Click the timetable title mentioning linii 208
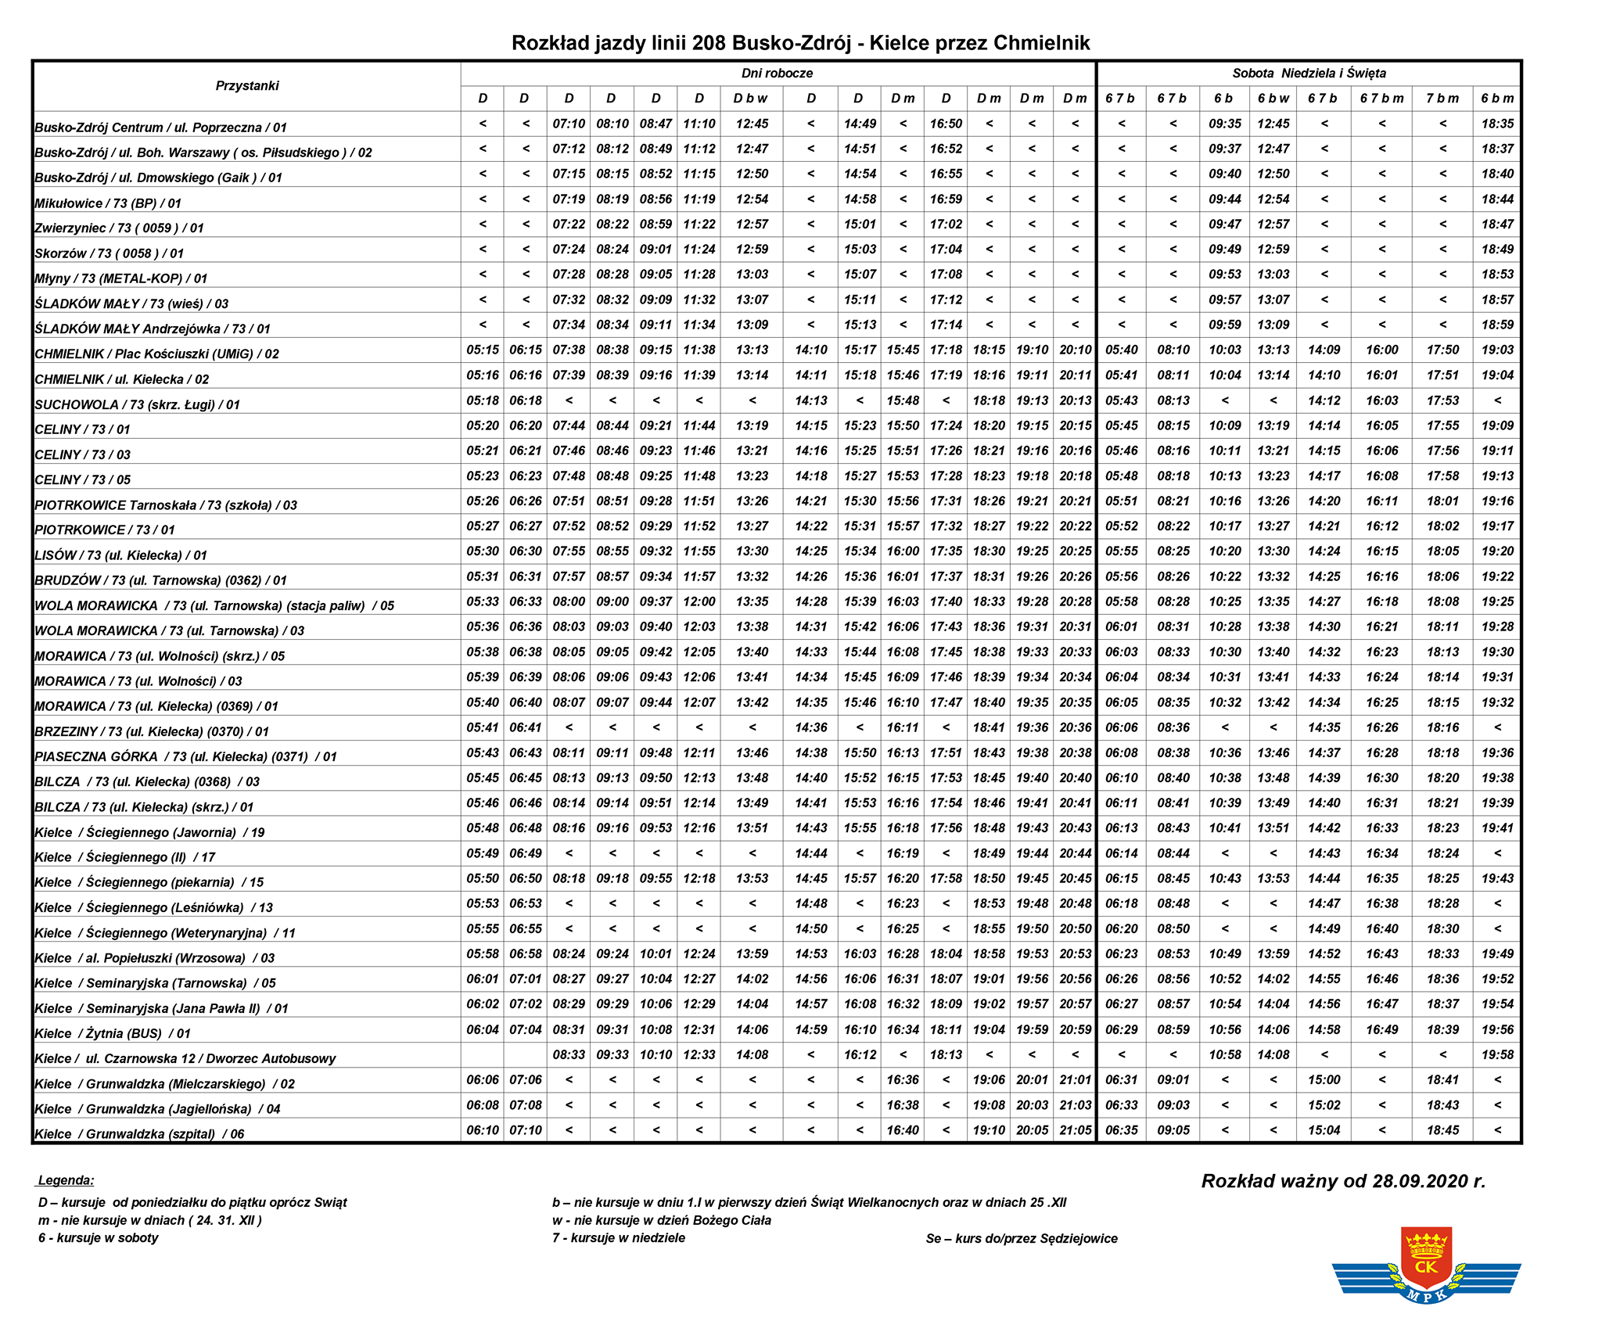tap(800, 42)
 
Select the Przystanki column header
tap(247, 85)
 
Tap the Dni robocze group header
tap(777, 73)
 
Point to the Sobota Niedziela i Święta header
tap(1309, 73)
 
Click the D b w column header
tap(750, 99)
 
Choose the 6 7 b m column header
tap(1381, 99)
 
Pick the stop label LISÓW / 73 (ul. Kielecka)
tap(121, 555)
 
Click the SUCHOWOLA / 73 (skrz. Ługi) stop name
tap(138, 404)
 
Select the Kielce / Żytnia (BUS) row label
tap(113, 1033)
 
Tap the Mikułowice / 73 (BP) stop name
tap(108, 203)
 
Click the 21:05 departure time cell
tap(1075, 1130)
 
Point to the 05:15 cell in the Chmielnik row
tap(483, 350)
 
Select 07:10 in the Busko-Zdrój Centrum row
tap(569, 124)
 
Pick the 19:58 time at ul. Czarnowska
tap(1497, 1054)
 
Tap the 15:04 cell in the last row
tap(1324, 1130)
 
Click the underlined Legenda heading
tap(66, 1180)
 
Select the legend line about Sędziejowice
tap(1022, 1238)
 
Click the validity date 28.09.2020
tap(1343, 1181)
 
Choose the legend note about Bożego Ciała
tap(662, 1220)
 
